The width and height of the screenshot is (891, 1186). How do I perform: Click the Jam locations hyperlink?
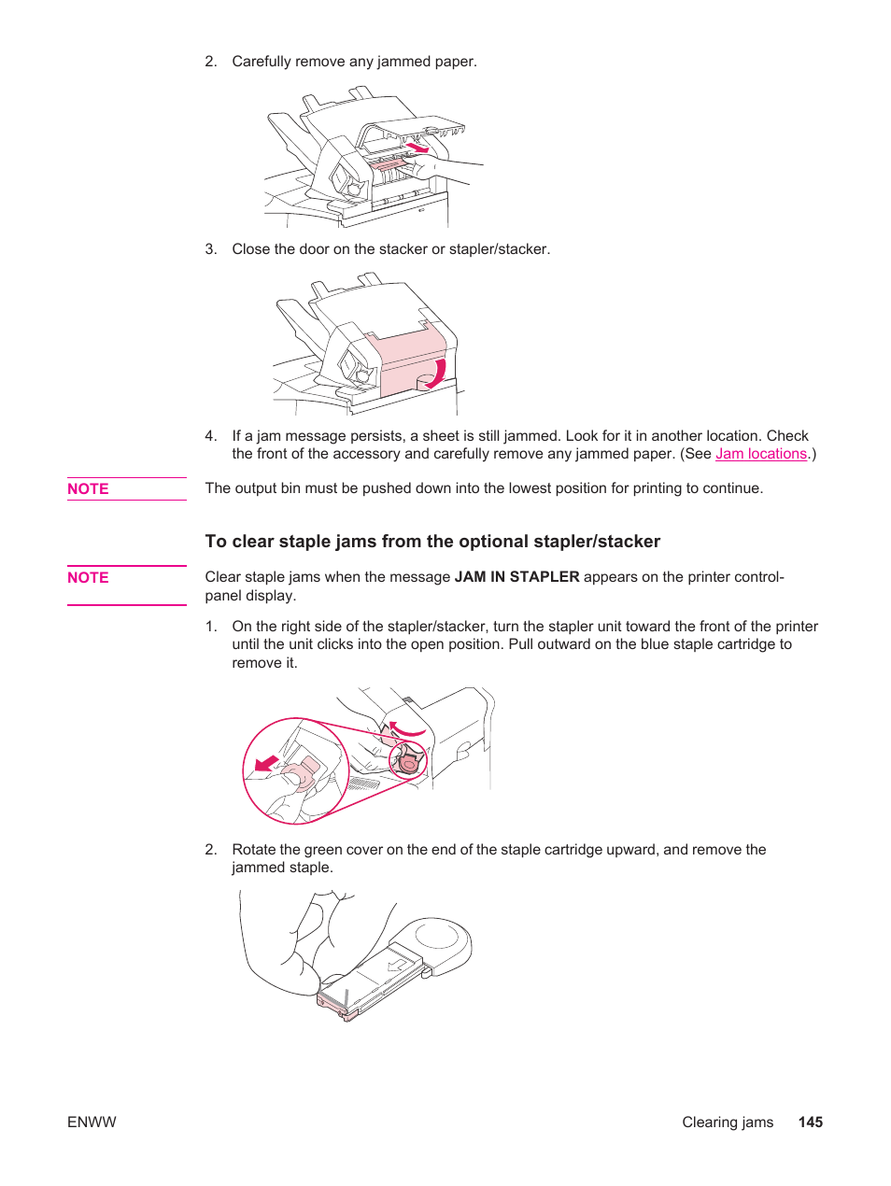[760, 454]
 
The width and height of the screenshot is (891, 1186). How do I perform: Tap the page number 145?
[810, 1122]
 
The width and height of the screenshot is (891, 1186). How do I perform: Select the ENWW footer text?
[92, 1122]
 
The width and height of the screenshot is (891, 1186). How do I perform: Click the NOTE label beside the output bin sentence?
[88, 489]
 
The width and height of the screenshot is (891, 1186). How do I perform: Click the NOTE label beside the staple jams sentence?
[88, 578]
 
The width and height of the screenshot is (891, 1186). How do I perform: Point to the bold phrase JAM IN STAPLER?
[516, 577]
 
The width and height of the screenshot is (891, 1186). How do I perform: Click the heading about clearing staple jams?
[432, 542]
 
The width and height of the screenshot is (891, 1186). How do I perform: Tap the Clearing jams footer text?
[727, 1122]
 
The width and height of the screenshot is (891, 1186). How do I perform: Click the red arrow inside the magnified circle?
[267, 764]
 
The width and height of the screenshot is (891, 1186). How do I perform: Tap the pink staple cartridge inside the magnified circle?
[302, 773]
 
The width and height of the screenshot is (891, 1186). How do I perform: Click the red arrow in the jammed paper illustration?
[417, 148]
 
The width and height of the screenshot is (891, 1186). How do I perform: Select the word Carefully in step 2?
[262, 62]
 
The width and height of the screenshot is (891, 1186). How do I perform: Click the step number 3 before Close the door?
[210, 249]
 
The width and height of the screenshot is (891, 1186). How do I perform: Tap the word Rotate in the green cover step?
[254, 850]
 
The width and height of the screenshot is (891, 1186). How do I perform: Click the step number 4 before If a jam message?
[210, 436]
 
